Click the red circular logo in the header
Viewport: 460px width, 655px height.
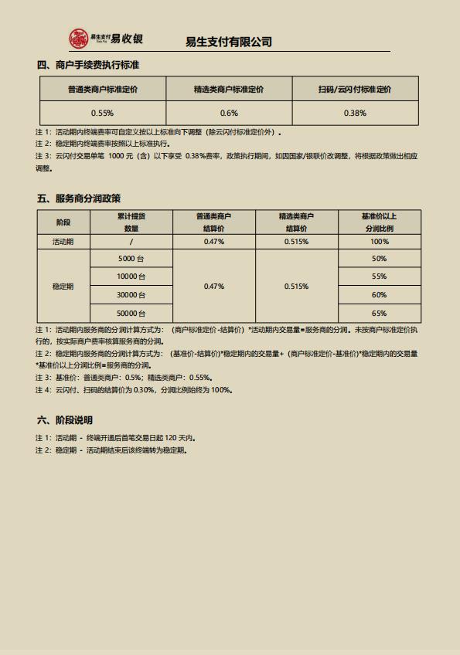(x=79, y=38)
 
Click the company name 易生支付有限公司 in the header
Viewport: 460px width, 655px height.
(x=229, y=42)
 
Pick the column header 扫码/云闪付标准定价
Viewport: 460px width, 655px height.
(x=354, y=90)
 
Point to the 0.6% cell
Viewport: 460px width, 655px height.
(x=229, y=113)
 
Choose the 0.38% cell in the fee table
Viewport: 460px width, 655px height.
(x=354, y=113)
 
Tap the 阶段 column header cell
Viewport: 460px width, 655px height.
(x=63, y=222)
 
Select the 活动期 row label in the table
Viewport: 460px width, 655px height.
(x=63, y=242)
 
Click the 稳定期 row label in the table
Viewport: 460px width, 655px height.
(x=63, y=286)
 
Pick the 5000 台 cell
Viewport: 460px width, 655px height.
(x=131, y=259)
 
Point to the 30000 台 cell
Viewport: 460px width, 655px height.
(x=131, y=295)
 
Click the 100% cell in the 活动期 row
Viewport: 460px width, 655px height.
(x=379, y=242)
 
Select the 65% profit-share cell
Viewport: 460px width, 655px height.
(x=379, y=314)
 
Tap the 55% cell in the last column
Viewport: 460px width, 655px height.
(x=379, y=277)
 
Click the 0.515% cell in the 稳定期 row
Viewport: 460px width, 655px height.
(x=297, y=286)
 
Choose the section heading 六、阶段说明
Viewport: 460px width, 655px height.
(x=64, y=420)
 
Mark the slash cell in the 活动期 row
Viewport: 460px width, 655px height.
(x=131, y=242)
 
